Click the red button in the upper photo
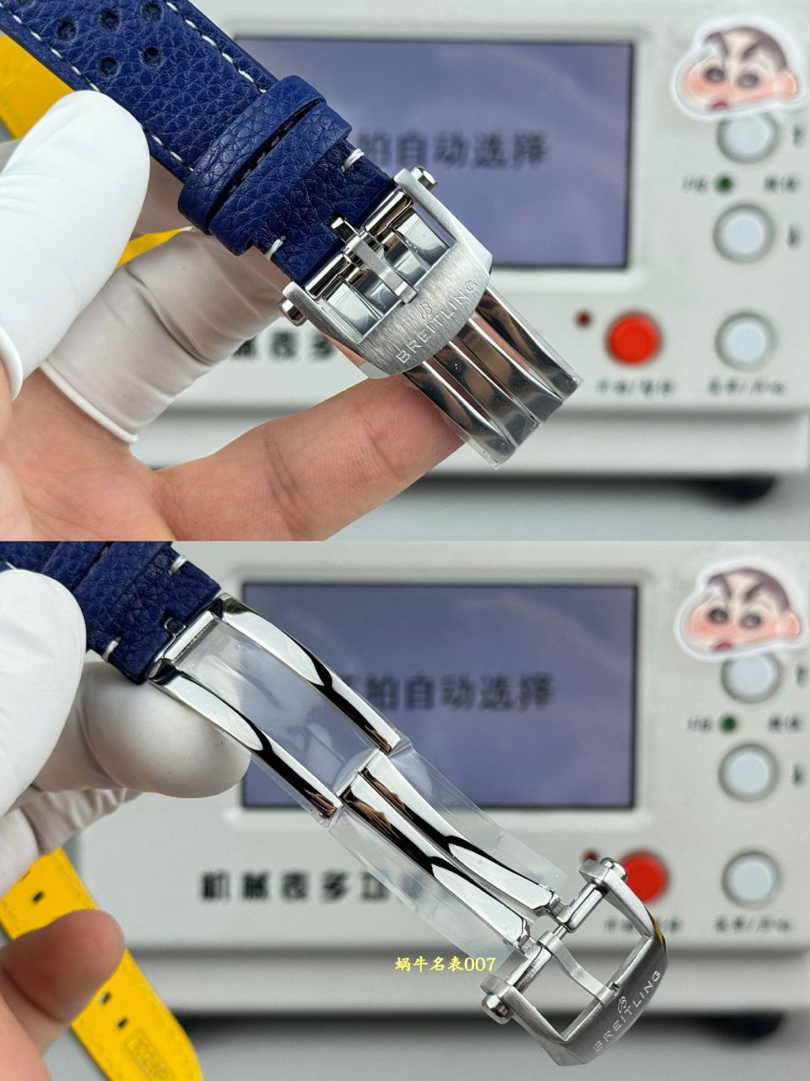tap(634, 338)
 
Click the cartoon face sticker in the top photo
tap(737, 73)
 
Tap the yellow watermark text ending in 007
tap(445, 964)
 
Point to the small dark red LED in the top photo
tap(582, 321)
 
